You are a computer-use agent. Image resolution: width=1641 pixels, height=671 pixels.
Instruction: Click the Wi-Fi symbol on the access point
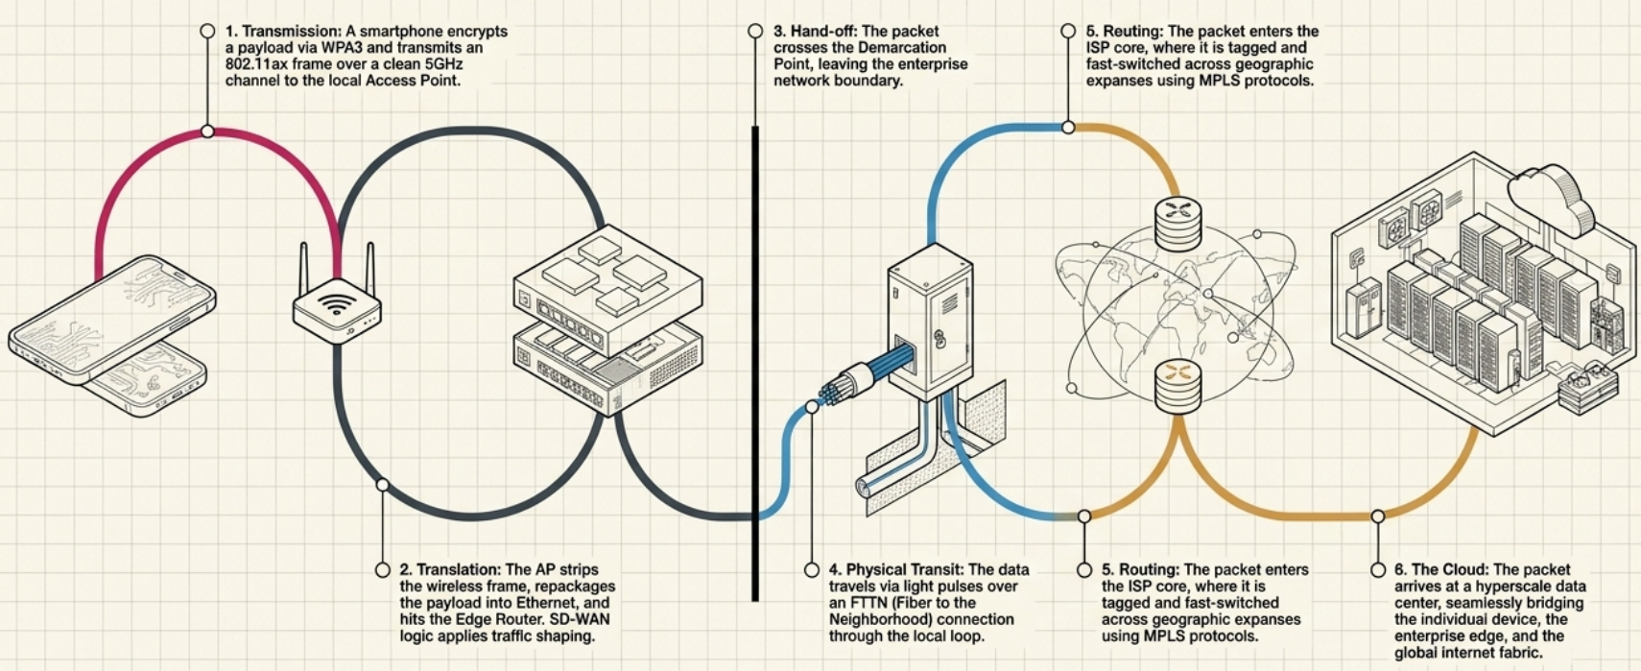(336, 304)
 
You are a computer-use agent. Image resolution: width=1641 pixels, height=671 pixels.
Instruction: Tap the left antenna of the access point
(304, 269)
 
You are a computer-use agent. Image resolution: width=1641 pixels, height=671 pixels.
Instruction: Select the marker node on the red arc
(207, 131)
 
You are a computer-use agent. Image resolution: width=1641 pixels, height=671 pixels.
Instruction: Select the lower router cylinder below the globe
(1178, 384)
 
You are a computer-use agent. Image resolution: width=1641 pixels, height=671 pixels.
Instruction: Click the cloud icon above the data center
(1549, 197)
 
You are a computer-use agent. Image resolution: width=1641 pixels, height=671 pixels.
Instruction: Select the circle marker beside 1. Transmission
(207, 32)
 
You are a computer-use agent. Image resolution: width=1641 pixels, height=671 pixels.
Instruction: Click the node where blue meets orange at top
(1068, 127)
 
